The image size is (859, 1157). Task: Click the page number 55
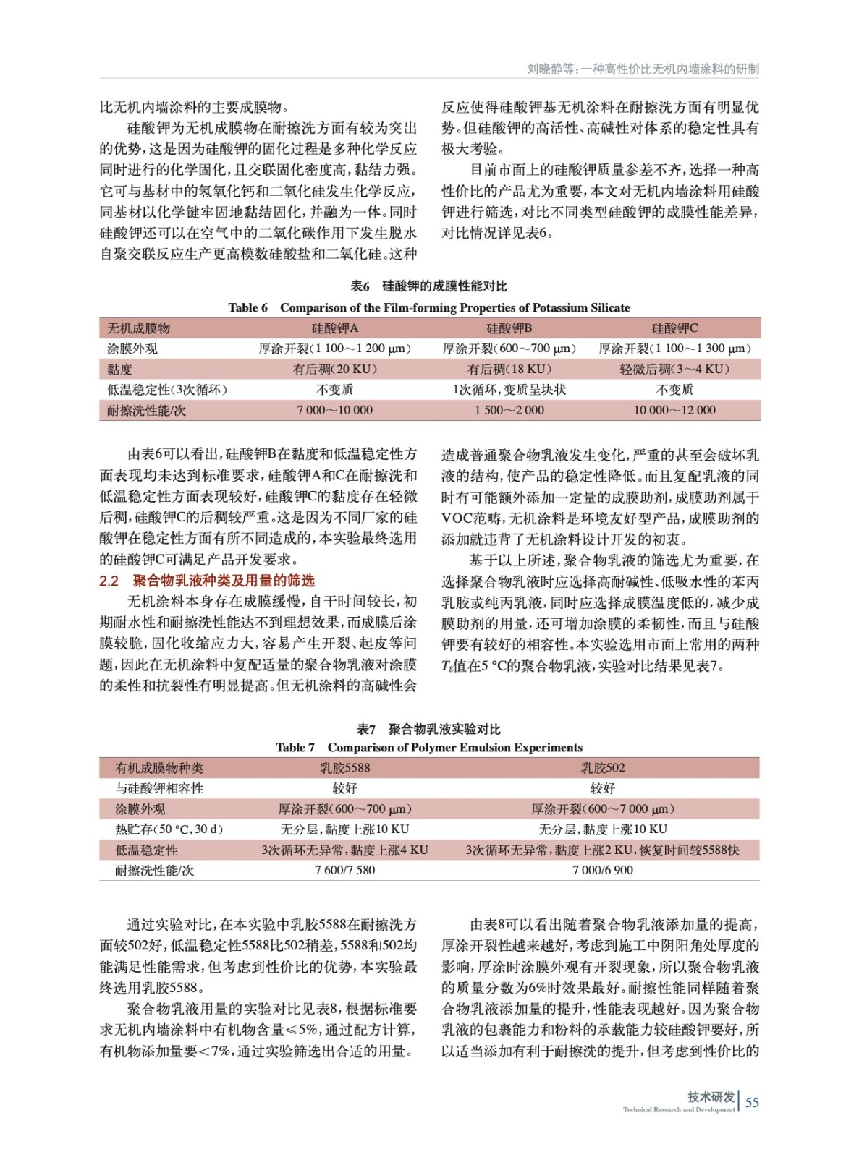pos(752,1102)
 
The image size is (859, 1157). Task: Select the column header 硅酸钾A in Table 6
pos(334,328)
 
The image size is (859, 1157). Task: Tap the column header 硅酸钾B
pos(509,328)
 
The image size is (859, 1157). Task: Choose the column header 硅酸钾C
pos(674,328)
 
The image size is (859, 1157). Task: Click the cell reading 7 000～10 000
pos(334,410)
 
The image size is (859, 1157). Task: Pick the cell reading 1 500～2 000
pos(509,410)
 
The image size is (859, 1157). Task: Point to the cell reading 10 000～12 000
pos(674,410)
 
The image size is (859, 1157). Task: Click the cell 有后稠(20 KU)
pos(334,369)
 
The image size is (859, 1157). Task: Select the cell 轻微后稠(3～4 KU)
pos(674,369)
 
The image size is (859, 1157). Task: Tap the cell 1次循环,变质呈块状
pos(509,390)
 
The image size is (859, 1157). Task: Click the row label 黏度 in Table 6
pos(120,369)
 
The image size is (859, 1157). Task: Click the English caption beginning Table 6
pos(429,307)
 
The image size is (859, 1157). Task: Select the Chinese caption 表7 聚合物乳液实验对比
pos(428,729)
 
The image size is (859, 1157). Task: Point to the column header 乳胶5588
pos(344,768)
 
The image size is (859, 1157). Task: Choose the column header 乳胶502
pos(602,768)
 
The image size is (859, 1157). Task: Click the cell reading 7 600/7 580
pos(344,870)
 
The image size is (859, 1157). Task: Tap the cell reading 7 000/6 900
pos(602,870)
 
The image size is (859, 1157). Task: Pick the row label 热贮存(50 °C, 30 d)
pos(169,829)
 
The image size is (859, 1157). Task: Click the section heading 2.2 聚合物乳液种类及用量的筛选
pos(207,581)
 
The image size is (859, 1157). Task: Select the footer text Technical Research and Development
pos(678,1109)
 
